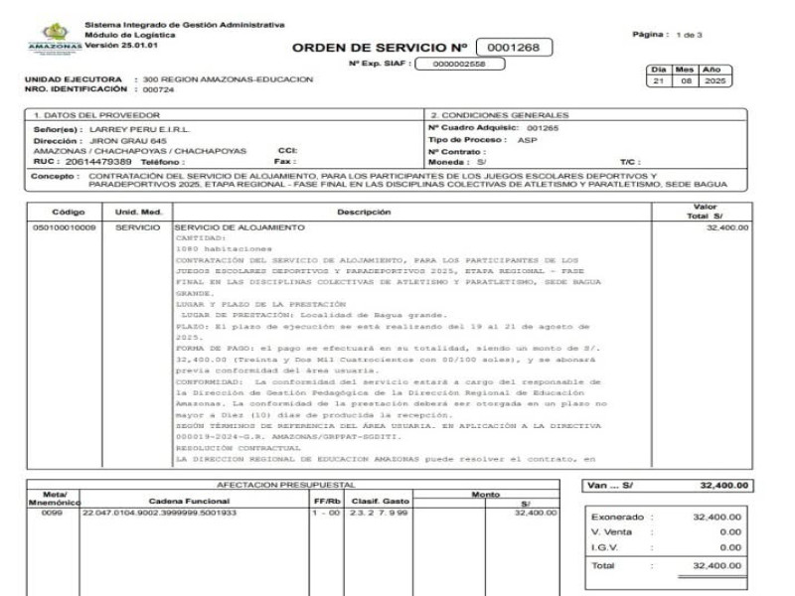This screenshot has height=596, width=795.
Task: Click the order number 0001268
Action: click(514, 47)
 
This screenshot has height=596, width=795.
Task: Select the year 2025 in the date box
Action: click(714, 80)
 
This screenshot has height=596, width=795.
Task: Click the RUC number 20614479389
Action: click(95, 161)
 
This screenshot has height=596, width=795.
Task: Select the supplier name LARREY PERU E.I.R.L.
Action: click(139, 129)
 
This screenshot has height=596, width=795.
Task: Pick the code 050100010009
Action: click(65, 227)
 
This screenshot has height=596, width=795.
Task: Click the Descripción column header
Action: click(363, 212)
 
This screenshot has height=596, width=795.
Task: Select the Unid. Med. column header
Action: click(138, 212)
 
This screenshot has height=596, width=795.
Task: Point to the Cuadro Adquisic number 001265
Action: click(543, 128)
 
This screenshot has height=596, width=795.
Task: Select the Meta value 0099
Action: click(52, 513)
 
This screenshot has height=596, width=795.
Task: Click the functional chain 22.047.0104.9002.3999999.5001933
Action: click(160, 513)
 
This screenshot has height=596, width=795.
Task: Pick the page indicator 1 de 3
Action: click(689, 35)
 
